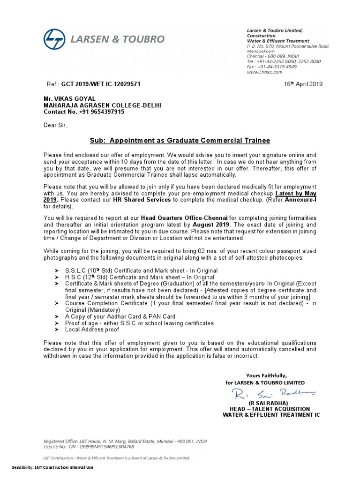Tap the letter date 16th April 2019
click(303, 84)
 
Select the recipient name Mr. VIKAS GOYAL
click(69, 98)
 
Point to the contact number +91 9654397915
click(84, 112)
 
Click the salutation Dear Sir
click(56, 126)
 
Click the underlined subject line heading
click(180, 141)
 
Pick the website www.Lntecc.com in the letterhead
click(264, 72)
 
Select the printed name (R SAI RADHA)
click(269, 403)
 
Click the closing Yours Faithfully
click(266, 375)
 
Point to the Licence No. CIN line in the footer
click(89, 447)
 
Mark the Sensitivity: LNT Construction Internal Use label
click(53, 467)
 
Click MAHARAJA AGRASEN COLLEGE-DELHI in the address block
click(102, 105)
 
